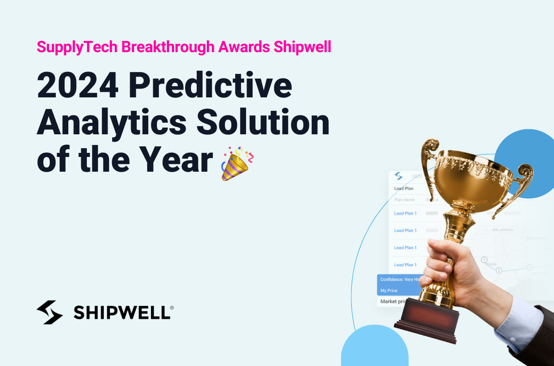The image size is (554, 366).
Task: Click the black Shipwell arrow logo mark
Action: (x=49, y=312)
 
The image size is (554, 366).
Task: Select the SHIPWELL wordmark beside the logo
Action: (x=123, y=312)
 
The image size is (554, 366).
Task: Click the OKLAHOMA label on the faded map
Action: (x=503, y=230)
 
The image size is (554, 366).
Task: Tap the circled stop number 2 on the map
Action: (x=499, y=270)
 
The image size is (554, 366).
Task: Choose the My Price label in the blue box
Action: (x=389, y=291)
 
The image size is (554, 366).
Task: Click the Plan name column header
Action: (x=404, y=200)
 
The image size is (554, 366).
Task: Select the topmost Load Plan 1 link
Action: (x=405, y=213)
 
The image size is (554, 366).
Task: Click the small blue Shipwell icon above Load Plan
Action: (x=398, y=176)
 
